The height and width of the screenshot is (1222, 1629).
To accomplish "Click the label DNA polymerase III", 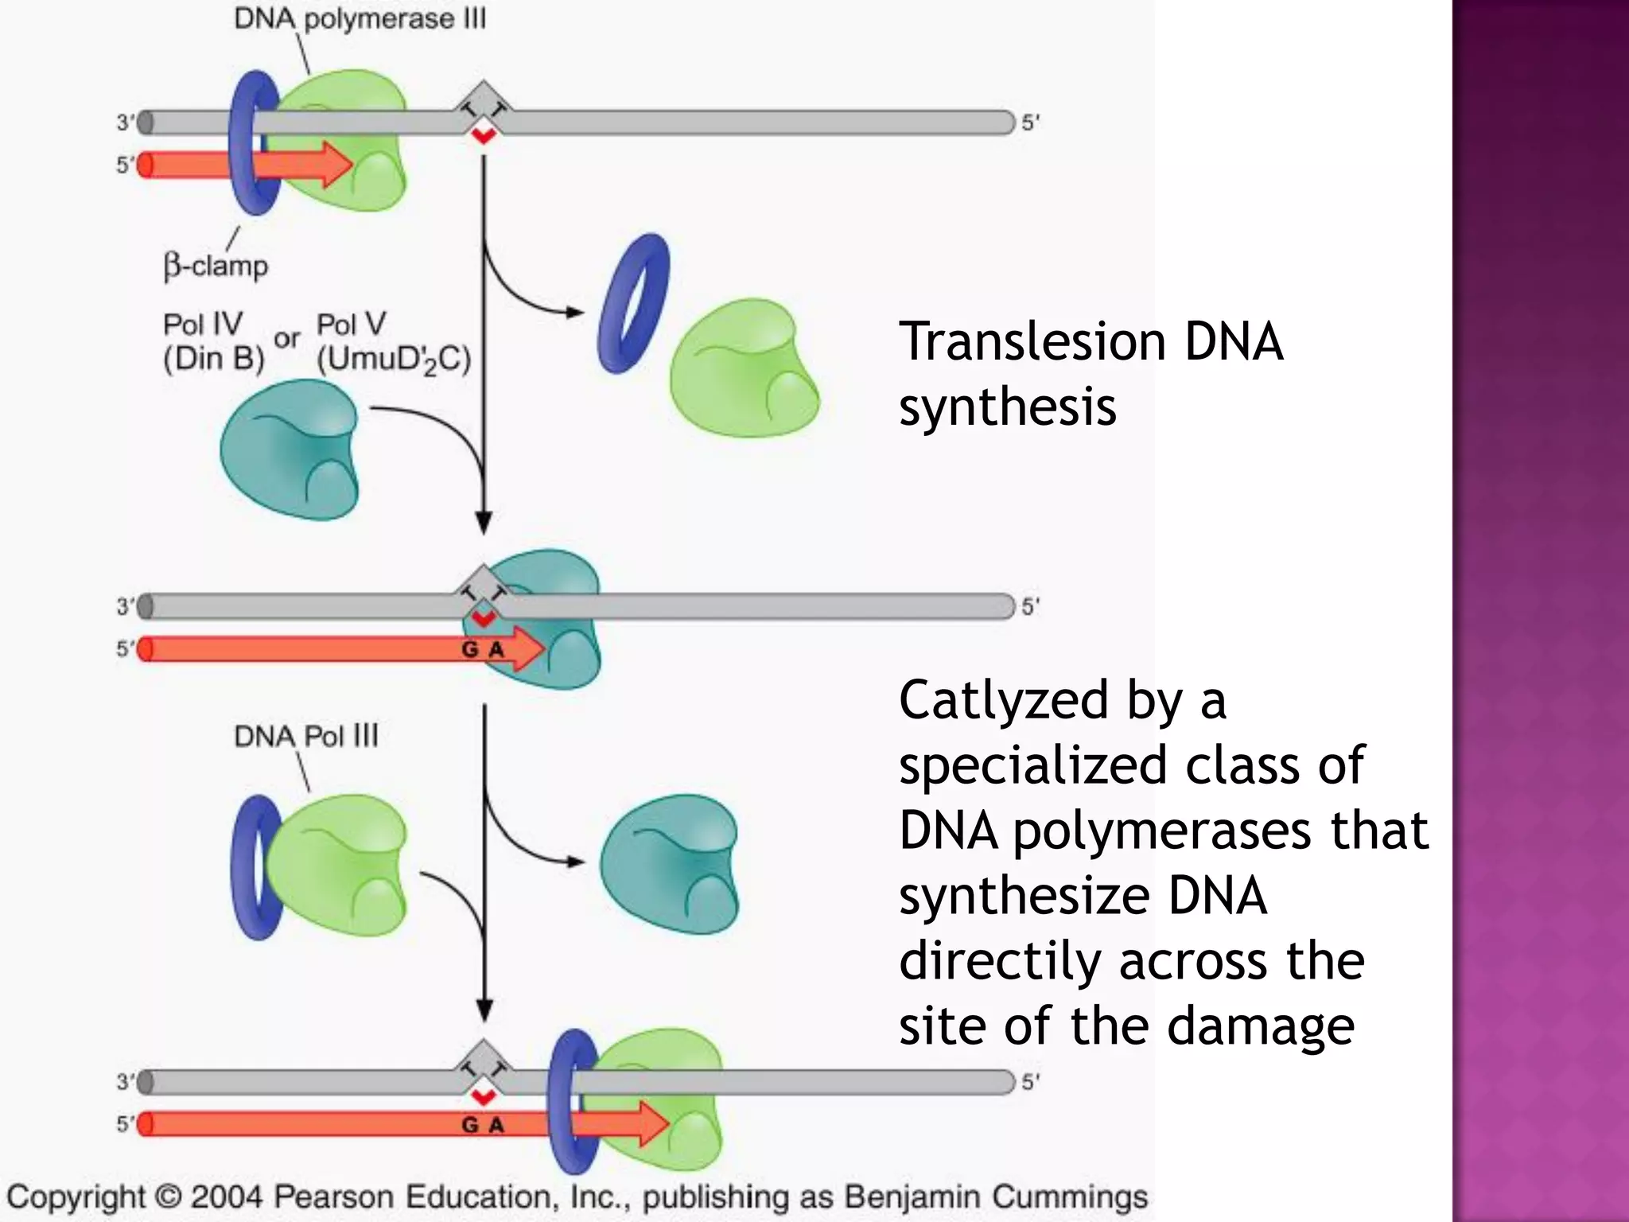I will pyautogui.click(x=360, y=19).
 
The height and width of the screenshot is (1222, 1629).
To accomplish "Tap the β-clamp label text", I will pyautogui.click(x=216, y=265).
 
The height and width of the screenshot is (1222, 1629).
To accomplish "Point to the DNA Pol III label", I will pyautogui.click(x=306, y=736).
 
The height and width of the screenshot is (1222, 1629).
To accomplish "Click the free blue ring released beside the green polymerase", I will pyautogui.click(x=633, y=302).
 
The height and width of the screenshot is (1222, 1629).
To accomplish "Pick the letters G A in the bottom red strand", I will pyautogui.click(x=483, y=1125).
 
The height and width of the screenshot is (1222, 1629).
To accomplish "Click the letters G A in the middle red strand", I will pyautogui.click(x=483, y=650).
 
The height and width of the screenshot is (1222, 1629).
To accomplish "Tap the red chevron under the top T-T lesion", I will pyautogui.click(x=483, y=136).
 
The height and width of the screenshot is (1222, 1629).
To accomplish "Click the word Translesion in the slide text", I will pyautogui.click(x=1032, y=342).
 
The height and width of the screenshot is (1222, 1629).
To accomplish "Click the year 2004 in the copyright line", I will pyautogui.click(x=227, y=1197).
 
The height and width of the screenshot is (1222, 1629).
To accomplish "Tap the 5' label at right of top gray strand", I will pyautogui.click(x=1031, y=123).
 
